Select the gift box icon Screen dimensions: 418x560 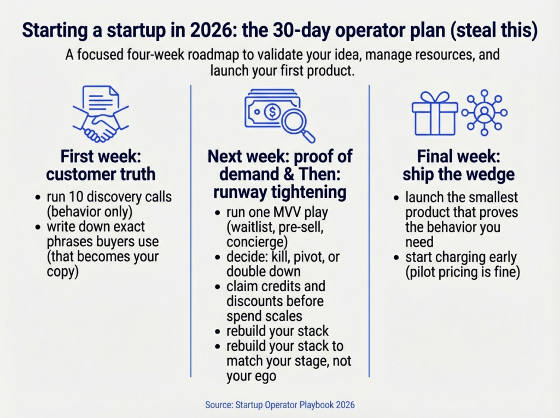pyautogui.click(x=434, y=113)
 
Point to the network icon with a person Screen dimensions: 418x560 pyautogui.click(x=484, y=113)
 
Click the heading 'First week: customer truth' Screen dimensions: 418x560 pyautogui.click(x=101, y=166)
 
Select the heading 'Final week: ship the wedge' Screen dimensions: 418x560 pyautogui.click(x=458, y=166)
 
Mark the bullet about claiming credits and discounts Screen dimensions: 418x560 pyautogui.click(x=276, y=301)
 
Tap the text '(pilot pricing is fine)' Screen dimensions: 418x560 pyautogui.click(x=462, y=272)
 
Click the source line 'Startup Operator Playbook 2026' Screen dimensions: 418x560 pyautogui.click(x=280, y=405)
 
